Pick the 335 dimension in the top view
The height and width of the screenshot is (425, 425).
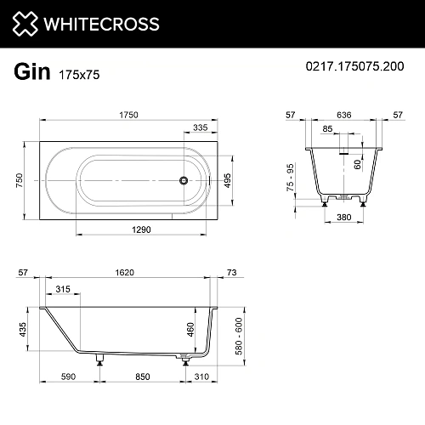tap(201, 127)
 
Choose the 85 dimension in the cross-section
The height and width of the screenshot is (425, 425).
tap(328, 130)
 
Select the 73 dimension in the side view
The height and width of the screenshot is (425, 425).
tap(233, 274)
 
